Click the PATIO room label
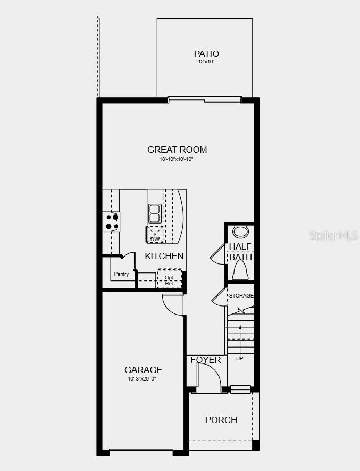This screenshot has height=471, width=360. pos(206,54)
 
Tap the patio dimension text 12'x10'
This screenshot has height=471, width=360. pos(206,62)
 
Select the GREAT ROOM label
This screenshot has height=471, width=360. pos(177,150)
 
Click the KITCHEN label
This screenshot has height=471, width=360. pos(164,256)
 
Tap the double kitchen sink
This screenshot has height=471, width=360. pos(155,213)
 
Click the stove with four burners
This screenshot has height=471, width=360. pos(112,221)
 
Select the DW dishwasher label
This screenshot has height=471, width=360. pos(155,239)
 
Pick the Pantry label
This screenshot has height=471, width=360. pos(121,274)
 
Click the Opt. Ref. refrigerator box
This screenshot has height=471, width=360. pos(170,280)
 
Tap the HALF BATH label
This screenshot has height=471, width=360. pos(240,252)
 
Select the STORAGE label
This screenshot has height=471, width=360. pos(241,295)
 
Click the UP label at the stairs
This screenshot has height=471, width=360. pos(239,358)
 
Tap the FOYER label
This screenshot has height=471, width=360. pos(206,360)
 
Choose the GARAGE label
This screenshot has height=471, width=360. pos(143,370)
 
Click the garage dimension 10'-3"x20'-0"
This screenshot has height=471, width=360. pos(142,379)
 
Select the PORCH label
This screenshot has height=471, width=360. pos(221,420)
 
